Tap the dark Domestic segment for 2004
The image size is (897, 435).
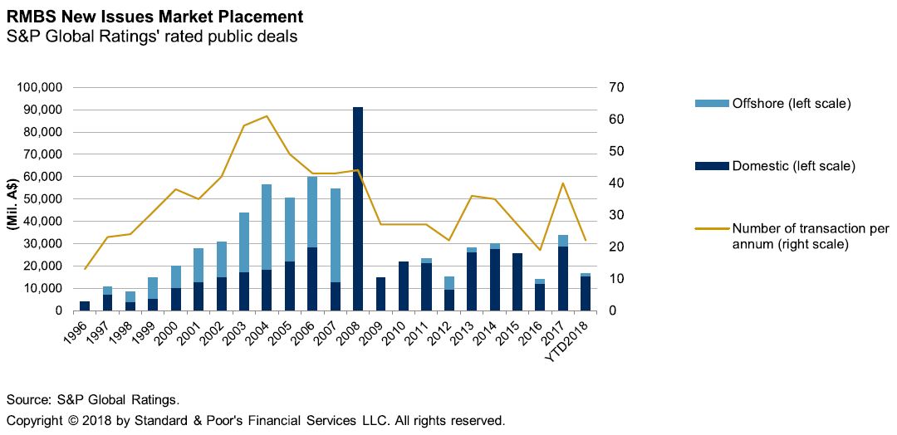click(267, 290)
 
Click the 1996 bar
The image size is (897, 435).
click(84, 305)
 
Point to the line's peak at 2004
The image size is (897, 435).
click(267, 116)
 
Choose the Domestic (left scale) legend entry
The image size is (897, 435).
click(792, 166)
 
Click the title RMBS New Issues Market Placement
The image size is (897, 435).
click(154, 17)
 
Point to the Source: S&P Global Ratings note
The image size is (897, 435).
click(93, 398)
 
